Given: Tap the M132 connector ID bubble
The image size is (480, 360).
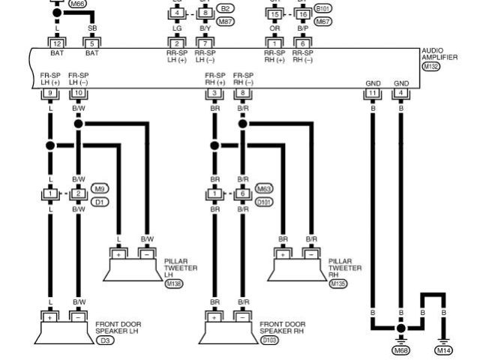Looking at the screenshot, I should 430,67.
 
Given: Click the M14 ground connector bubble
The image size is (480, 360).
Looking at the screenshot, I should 445,349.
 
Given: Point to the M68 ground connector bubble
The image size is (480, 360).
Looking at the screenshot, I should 401,349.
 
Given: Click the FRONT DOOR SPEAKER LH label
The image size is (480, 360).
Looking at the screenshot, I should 118,327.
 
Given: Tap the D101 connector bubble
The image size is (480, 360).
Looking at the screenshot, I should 265,202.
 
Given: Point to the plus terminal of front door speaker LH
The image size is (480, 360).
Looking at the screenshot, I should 49,318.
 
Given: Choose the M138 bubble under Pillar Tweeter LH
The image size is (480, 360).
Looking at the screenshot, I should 173,284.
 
